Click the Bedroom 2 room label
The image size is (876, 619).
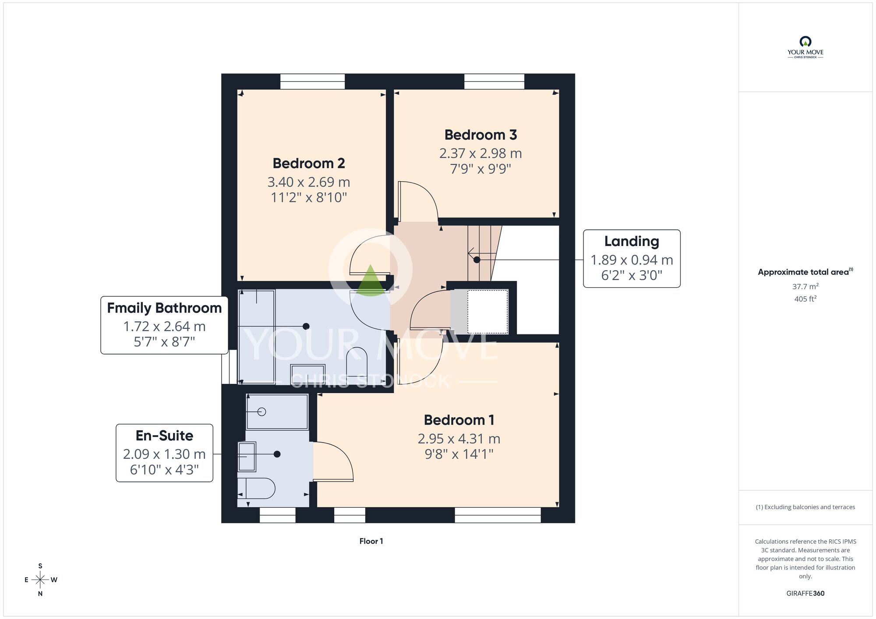point(309,163)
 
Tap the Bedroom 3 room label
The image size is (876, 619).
point(480,135)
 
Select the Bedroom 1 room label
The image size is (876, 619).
point(459,420)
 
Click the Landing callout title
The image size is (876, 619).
point(632,241)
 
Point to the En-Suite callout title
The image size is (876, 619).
point(164,436)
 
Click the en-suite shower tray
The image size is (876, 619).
point(277,411)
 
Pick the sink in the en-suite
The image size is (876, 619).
point(247,457)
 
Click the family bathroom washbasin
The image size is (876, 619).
point(307,374)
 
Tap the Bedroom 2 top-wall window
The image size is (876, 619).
point(312,81)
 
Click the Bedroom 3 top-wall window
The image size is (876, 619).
point(494,81)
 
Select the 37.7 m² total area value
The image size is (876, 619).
point(805,287)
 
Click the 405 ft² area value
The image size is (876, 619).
point(805,299)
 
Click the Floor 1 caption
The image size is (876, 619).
point(371,542)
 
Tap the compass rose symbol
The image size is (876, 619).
point(40,580)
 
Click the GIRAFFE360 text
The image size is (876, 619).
point(805,594)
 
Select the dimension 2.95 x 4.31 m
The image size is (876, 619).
point(459,439)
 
